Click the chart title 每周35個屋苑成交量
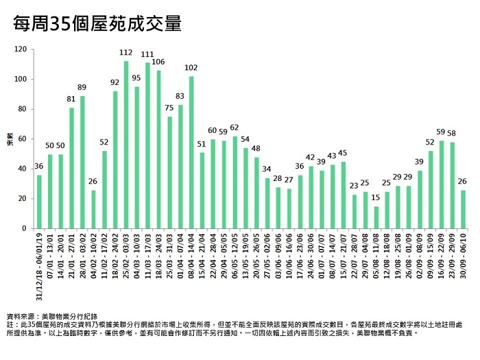pyautogui.click(x=98, y=25)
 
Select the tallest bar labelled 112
pyautogui.click(x=126, y=145)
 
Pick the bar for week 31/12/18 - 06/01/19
pyautogui.click(x=39, y=202)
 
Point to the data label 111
pyautogui.click(x=147, y=54)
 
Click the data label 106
pyautogui.click(x=158, y=62)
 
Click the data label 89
pyautogui.click(x=82, y=87)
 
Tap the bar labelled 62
pyautogui.click(x=235, y=182)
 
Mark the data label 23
pyautogui.click(x=354, y=185)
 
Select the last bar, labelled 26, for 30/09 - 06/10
pyautogui.click(x=464, y=209)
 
